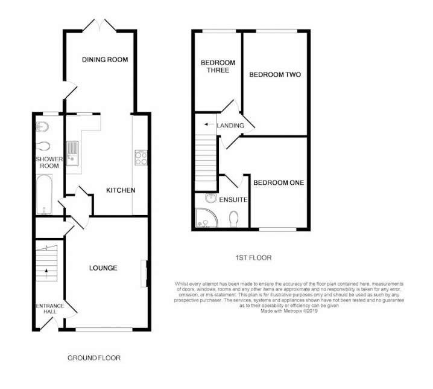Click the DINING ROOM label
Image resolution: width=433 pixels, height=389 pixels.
(104, 59)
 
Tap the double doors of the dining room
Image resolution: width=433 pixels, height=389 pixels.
(100, 25)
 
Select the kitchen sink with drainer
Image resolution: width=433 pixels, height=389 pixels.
(72, 152)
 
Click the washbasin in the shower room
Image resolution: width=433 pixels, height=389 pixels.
(42, 126)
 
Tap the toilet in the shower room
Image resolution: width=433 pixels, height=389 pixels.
(43, 146)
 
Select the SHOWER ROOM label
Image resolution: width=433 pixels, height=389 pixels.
(48, 162)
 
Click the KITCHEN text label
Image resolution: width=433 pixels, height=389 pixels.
(121, 190)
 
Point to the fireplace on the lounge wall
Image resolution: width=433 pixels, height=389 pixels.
(145, 273)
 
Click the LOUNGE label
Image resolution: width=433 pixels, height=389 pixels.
(103, 268)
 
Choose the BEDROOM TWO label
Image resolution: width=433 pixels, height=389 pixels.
(275, 75)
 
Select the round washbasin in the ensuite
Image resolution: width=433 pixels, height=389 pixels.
(212, 199)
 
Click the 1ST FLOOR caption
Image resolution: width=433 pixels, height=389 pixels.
(253, 257)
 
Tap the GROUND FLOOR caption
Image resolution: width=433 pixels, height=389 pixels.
(93, 358)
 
